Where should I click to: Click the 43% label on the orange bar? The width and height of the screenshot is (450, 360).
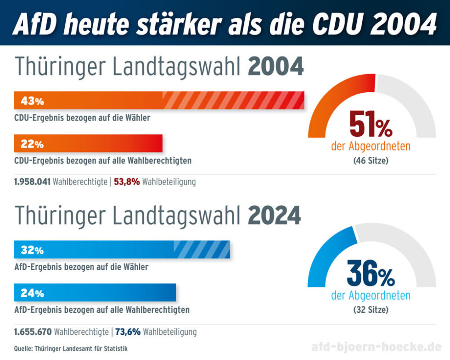(32, 101)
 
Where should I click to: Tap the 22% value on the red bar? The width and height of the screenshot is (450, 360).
(32, 144)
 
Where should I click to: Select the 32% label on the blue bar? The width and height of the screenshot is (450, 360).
(32, 250)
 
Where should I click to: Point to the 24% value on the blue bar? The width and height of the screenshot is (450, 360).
(32, 293)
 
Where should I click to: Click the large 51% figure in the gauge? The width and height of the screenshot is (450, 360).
(371, 124)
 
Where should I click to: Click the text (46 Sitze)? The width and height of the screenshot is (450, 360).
(371, 161)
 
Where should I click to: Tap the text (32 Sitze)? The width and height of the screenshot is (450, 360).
(371, 310)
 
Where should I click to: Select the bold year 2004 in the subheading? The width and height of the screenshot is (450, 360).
(276, 67)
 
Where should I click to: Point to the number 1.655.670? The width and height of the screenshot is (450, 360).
(33, 332)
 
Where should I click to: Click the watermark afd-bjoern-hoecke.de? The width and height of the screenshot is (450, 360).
(373, 347)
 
